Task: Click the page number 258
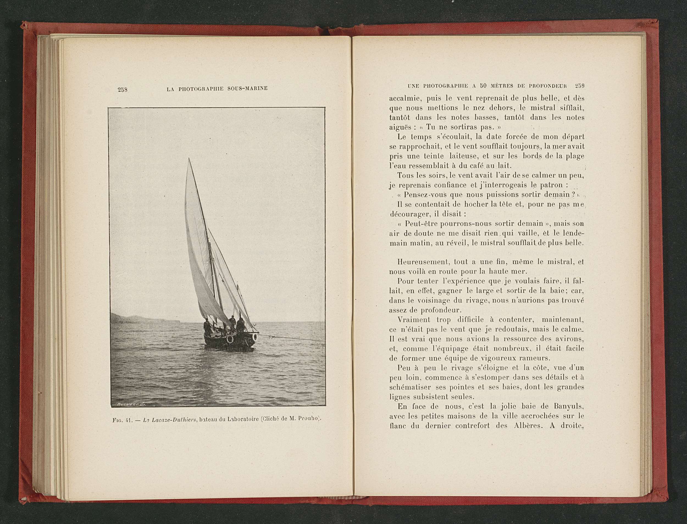pyautogui.click(x=122, y=90)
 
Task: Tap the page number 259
pyautogui.click(x=580, y=85)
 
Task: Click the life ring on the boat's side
pyautogui.click(x=230, y=339)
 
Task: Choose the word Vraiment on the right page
pyautogui.click(x=413, y=320)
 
